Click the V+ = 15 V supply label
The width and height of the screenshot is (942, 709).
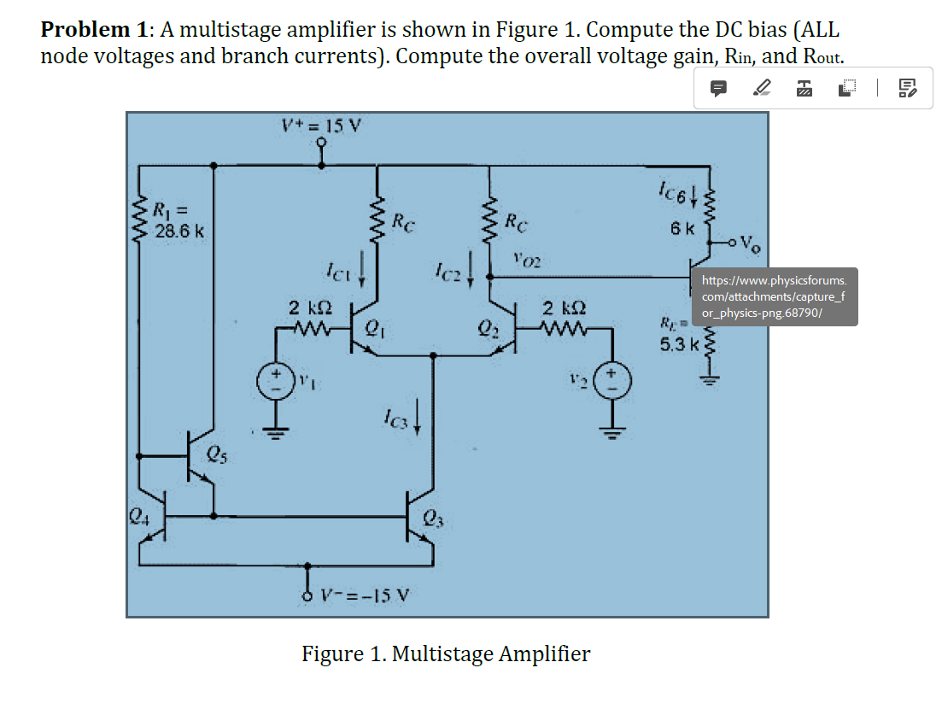322,126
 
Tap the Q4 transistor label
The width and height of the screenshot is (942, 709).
137,515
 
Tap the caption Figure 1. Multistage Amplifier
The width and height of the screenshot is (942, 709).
446,654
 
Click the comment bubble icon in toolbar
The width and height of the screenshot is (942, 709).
719,87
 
